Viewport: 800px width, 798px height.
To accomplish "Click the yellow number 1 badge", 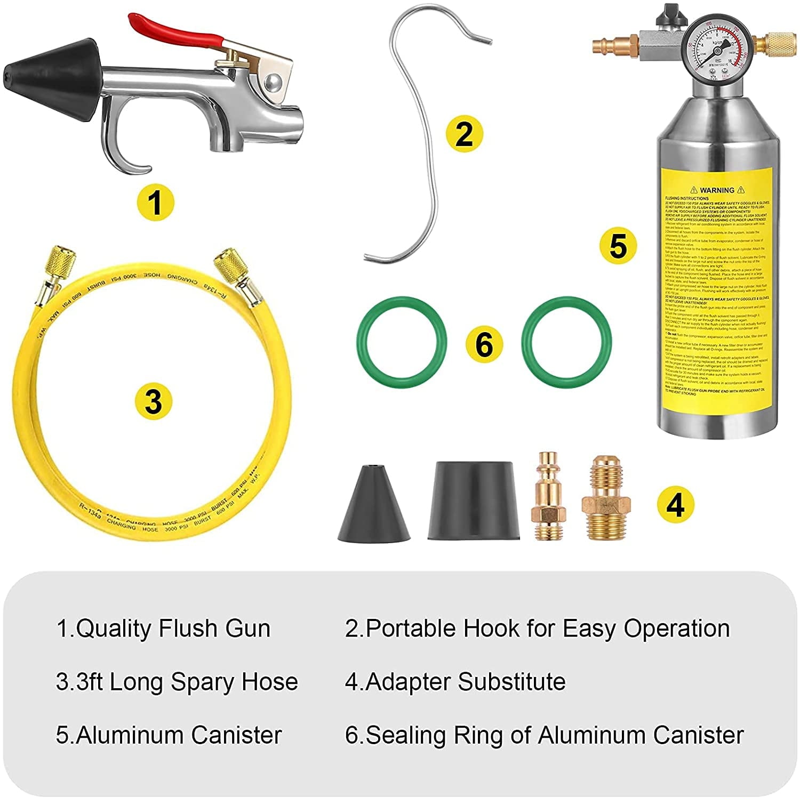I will [155, 203].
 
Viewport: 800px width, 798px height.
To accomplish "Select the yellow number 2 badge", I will [464, 133].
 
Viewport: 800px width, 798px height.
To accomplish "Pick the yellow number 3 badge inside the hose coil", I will [154, 401].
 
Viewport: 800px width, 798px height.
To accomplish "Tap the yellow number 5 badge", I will [618, 246].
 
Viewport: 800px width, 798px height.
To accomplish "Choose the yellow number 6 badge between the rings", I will [484, 344].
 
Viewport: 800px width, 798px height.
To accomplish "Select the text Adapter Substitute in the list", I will [465, 682].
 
